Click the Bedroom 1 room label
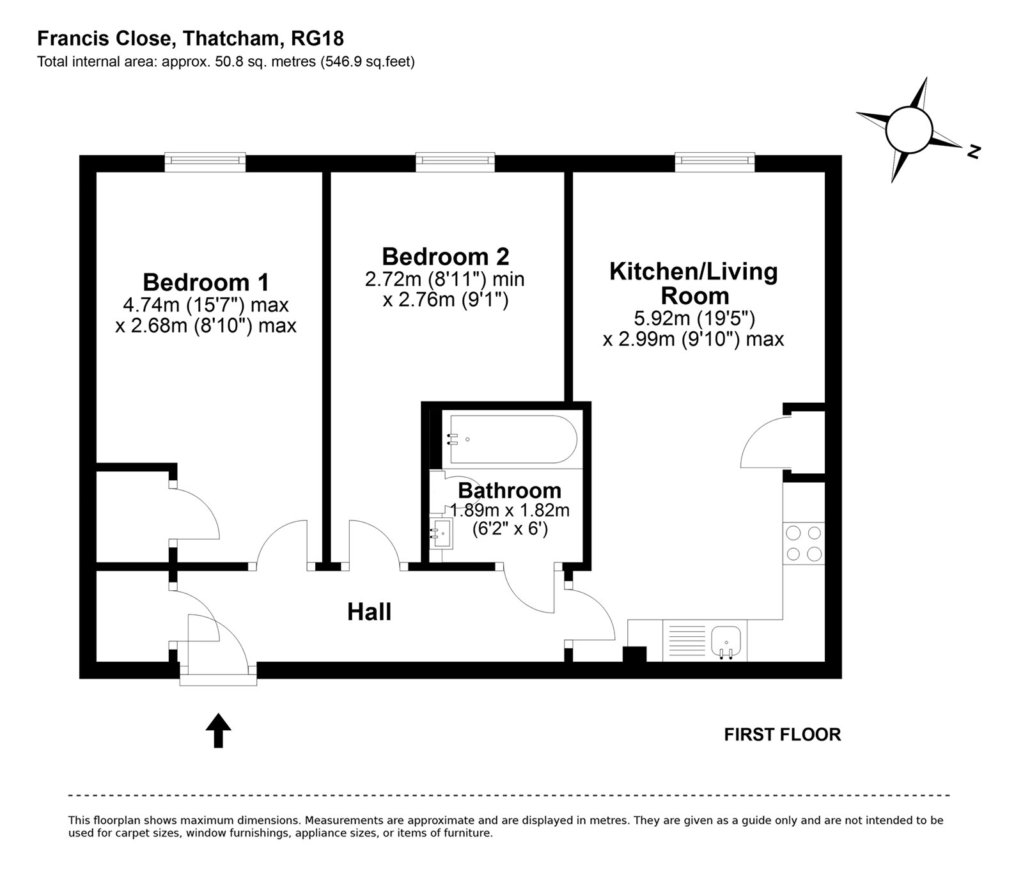206,282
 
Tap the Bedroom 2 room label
446,256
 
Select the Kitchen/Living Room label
694,283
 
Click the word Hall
369,612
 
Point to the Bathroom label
510,490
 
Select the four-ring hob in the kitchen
804,544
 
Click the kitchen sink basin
726,639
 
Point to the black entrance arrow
219,730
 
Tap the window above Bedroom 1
205,162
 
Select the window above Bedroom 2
455,162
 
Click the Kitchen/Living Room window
715,162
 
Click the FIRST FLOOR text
782,735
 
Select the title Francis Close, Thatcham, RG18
191,39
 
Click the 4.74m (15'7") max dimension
206,305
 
